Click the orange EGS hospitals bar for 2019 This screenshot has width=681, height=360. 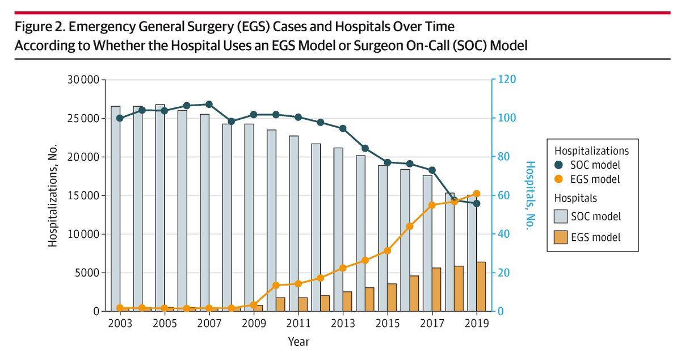click(x=481, y=286)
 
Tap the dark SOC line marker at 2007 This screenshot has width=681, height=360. click(x=209, y=104)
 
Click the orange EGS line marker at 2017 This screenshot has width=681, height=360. click(x=432, y=205)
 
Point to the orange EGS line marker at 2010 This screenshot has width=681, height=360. click(x=276, y=285)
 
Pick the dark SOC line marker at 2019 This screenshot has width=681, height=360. click(x=477, y=203)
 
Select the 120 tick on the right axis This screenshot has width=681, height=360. click(x=507, y=80)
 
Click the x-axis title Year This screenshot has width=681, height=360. click(x=298, y=342)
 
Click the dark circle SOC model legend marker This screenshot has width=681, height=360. click(x=561, y=165)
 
